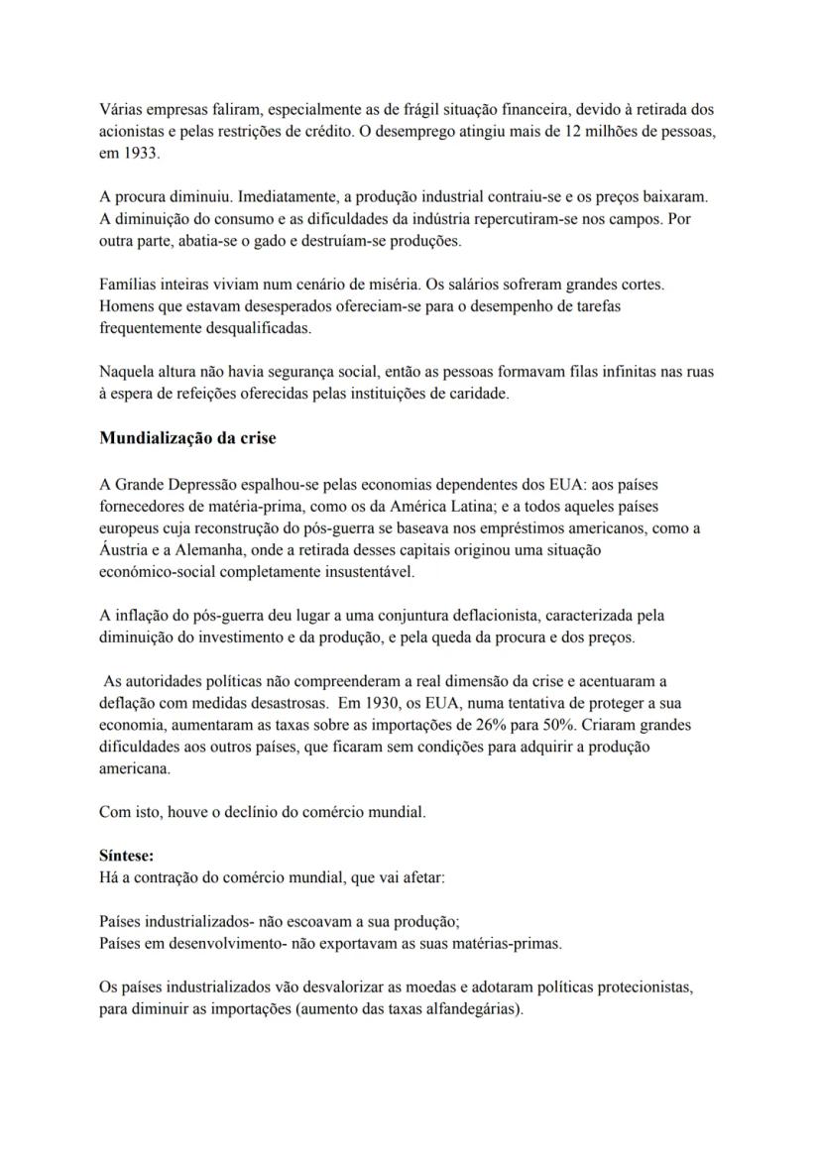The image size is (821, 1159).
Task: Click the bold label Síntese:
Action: [126, 853]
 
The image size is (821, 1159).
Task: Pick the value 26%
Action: [541, 725]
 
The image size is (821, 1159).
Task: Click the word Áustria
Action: [126, 550]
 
